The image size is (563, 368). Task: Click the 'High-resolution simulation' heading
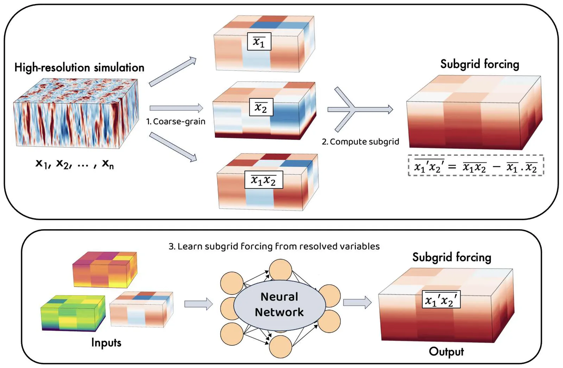coord(79,67)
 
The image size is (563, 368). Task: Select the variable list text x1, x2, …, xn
coord(75,163)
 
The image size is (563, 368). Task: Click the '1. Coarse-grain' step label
coord(176,122)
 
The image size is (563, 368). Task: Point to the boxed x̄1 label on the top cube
coord(259,41)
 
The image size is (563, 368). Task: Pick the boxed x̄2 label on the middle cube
coord(261,107)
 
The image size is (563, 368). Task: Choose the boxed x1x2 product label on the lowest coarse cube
coord(264,180)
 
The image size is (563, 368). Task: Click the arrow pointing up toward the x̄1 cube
coord(172,72)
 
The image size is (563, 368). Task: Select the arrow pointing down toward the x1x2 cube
coord(173,147)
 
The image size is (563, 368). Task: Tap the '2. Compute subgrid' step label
coord(360,142)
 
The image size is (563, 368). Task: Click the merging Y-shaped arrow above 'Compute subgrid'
coord(359,109)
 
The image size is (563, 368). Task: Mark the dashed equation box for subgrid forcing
coord(476,165)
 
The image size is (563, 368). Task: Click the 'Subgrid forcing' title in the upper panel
coord(480,64)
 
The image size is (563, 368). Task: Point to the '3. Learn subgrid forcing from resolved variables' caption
coord(274,246)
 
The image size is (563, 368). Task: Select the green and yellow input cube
coord(73,313)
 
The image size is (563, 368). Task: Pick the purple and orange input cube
coord(105,270)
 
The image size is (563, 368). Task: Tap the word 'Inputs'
coord(106,342)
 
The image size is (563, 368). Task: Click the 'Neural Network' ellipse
coord(279,305)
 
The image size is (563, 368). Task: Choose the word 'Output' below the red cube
coord(446,351)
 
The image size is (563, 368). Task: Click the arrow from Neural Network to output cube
coord(357,302)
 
